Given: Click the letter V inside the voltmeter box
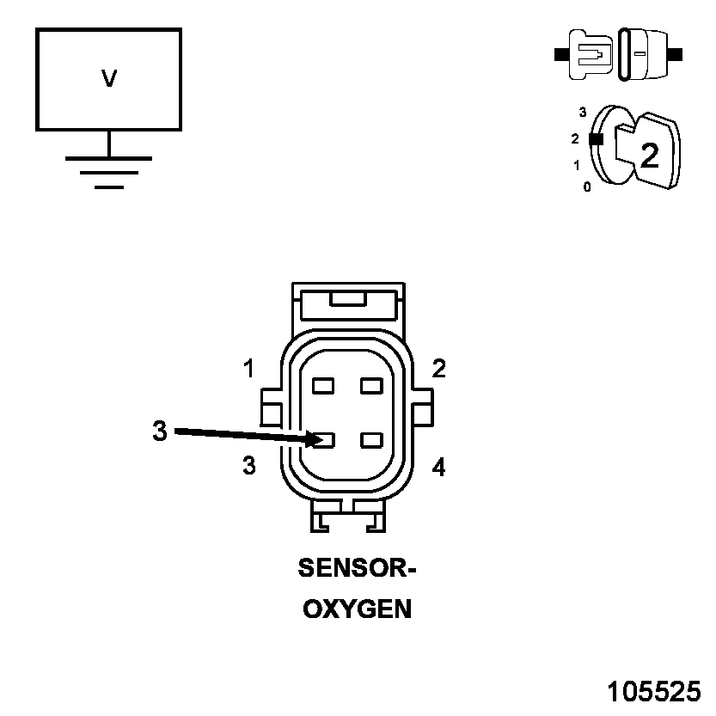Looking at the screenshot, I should click(109, 79).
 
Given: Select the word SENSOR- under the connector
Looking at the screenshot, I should click(356, 568).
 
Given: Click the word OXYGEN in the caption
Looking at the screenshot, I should click(357, 609).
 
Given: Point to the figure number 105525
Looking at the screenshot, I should click(654, 692).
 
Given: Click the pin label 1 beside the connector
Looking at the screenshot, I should click(248, 370).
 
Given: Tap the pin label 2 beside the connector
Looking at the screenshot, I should click(439, 370).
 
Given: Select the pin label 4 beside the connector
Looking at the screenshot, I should click(439, 468).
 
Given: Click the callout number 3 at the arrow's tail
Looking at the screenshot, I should click(159, 431).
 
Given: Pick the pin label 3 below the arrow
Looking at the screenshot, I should click(249, 467).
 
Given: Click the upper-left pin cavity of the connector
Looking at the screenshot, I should click(323, 386).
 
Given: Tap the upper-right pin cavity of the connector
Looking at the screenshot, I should click(371, 386).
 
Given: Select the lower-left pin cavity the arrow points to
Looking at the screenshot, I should click(324, 441).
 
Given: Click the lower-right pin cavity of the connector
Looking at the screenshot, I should click(371, 441).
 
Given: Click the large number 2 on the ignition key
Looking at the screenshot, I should click(650, 155).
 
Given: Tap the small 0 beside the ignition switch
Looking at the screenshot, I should click(587, 187).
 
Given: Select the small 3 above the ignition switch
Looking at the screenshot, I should click(583, 112).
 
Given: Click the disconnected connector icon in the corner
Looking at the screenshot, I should click(619, 54).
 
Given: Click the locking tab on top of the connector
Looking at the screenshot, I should click(346, 300).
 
